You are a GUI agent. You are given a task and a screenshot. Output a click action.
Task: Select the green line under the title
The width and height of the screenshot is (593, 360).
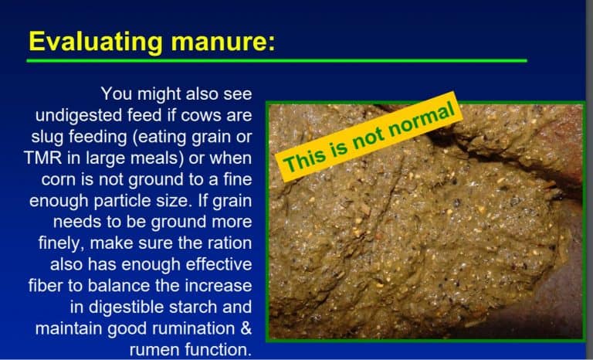coord(278,60)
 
